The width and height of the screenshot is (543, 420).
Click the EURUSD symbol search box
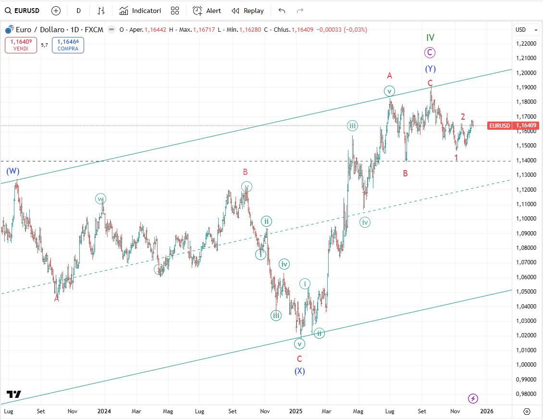tap(23, 11)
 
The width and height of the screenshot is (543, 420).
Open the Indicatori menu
tap(140, 11)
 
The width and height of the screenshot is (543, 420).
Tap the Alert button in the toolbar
tap(207, 11)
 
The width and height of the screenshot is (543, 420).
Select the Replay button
tap(247, 11)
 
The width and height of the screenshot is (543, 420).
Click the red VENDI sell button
tap(21, 45)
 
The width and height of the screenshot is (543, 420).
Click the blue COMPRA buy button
tap(68, 45)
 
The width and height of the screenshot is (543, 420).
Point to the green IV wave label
tap(430, 37)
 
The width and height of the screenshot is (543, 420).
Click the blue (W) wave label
tap(12, 171)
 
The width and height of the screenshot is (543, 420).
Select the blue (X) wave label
tap(299, 371)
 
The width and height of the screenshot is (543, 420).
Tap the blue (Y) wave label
tap(430, 69)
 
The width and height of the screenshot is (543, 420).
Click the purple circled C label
tap(430, 53)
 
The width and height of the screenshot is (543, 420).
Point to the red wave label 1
tap(456, 157)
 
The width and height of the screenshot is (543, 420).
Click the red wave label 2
tap(463, 116)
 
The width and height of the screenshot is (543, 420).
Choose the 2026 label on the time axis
tap(487, 411)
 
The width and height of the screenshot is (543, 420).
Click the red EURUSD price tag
tap(499, 126)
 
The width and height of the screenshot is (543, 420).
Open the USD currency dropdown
tap(527, 30)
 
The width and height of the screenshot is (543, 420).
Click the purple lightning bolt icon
tap(473, 398)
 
